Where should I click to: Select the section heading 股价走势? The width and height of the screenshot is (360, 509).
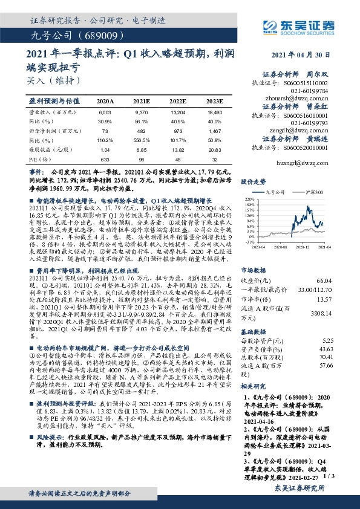pyautogui.click(x=253, y=181)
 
